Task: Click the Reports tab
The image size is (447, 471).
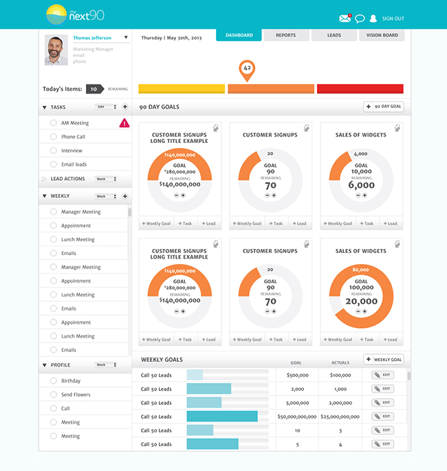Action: (286, 35)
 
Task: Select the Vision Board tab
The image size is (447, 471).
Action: (382, 35)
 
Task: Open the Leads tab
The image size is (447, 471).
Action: (334, 35)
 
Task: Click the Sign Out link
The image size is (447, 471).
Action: (393, 19)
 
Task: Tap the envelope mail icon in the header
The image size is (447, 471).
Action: (345, 19)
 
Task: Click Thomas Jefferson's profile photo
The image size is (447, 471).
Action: (56, 50)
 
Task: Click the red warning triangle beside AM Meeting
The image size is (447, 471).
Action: (124, 123)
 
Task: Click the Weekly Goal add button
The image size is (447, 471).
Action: (383, 360)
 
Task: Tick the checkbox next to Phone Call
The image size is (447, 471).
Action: (54, 137)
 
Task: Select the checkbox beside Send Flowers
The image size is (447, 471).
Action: (54, 395)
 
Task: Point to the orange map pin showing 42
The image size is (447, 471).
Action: (247, 69)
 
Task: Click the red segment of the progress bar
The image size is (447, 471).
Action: (360, 89)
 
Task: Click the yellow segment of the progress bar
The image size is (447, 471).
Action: (182, 89)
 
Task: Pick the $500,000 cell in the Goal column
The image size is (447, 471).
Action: (296, 375)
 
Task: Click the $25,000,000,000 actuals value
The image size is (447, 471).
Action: (340, 417)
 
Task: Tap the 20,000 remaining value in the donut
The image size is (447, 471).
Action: (361, 301)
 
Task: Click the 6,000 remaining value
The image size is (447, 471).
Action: (361, 185)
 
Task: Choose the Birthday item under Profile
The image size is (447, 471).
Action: (71, 381)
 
